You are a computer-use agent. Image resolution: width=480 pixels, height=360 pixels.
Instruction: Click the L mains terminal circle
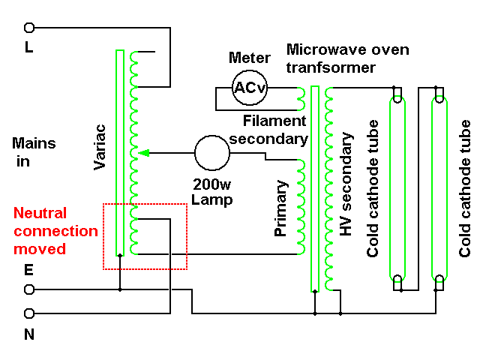29,28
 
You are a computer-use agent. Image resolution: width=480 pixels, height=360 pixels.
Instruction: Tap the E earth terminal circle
29,289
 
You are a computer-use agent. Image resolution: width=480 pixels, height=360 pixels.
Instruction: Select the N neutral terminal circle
29,313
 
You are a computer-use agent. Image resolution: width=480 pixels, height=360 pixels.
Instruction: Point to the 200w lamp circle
211,152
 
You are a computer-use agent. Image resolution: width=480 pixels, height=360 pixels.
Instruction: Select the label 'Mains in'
34,151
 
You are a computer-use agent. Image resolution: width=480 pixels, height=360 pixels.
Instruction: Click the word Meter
249,58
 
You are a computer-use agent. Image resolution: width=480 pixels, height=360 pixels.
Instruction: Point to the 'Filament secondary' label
274,130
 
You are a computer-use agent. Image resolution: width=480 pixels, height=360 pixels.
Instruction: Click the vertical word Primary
281,208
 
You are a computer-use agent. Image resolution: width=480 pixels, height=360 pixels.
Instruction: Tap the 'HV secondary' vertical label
346,184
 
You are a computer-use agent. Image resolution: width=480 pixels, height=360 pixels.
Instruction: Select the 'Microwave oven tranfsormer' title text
347,58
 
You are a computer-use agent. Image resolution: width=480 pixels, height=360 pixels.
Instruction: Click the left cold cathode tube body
397,187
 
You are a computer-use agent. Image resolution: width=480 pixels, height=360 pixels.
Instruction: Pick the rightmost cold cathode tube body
439,187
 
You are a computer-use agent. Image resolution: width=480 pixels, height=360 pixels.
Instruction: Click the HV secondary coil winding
328,187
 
